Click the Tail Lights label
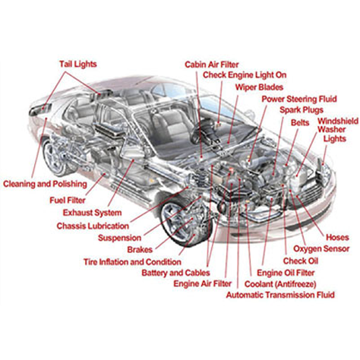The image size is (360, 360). (78, 64)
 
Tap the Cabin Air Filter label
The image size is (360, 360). (212, 65)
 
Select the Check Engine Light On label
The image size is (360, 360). (245, 75)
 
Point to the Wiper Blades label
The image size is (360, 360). (259, 87)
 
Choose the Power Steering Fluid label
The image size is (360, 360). (299, 99)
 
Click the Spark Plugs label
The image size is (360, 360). (302, 110)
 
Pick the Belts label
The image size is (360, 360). (300, 123)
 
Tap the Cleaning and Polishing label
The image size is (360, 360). (45, 184)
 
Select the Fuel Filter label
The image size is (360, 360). (68, 201)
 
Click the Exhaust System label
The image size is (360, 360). (93, 213)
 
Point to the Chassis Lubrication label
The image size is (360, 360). (93, 226)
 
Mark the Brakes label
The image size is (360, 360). (140, 250)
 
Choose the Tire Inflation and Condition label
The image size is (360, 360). (132, 262)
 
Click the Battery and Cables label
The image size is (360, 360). (176, 273)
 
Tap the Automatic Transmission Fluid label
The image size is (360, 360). (280, 295)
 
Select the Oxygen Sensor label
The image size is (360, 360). (321, 248)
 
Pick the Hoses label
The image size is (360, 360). (337, 238)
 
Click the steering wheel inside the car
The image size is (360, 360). (200, 134)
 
